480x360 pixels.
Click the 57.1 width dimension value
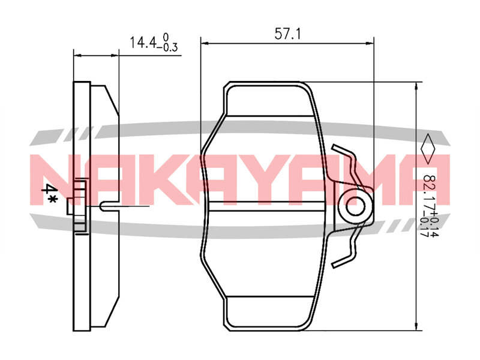[287, 34]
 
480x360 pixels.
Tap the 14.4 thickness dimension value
[143, 43]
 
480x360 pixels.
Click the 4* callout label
[49, 193]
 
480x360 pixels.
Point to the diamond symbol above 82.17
[428, 149]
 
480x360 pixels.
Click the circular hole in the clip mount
[355, 206]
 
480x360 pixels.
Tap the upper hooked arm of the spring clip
[348, 161]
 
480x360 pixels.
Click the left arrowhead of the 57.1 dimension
[205, 43]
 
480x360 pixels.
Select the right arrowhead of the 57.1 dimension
[370, 43]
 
